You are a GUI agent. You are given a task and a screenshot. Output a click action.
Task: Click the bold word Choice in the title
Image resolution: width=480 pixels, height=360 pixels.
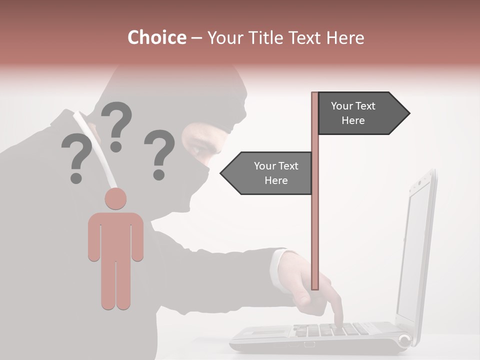coord(156,38)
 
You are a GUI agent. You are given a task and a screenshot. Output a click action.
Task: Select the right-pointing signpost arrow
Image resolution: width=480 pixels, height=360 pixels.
coord(362,113)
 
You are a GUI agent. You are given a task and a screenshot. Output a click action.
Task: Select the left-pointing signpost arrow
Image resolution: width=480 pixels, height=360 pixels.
coord(267,173)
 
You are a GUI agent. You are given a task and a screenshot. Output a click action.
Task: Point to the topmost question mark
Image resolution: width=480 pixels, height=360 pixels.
coord(117,125)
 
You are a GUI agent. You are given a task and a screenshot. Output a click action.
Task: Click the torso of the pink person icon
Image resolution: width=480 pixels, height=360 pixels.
coord(115,235)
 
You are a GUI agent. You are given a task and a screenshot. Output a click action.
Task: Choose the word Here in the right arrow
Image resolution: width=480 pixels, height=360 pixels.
coord(353,120)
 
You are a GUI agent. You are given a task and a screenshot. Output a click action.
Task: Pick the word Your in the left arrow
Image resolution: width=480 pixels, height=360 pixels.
coord(264,166)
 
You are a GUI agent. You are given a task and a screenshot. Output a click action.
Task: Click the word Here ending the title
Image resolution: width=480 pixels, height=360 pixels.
coord(345,38)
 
